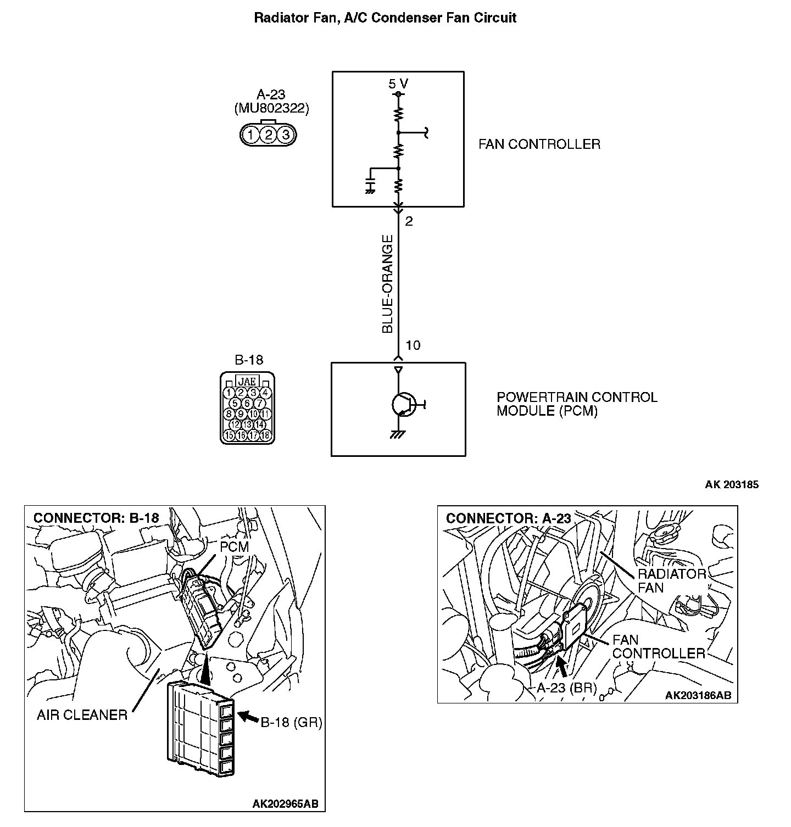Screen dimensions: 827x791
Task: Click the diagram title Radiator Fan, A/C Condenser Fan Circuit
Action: point(385,18)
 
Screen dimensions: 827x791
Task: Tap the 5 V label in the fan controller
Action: point(398,84)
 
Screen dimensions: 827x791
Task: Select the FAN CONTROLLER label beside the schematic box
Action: point(539,144)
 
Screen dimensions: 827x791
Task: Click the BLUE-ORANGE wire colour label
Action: point(388,284)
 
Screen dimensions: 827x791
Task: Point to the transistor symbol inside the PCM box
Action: point(403,405)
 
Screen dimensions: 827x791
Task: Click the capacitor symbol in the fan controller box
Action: point(370,183)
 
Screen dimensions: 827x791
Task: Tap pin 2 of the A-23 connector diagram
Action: point(268,135)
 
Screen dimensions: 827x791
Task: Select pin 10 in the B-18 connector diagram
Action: point(253,414)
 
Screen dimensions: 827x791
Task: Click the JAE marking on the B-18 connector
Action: point(247,381)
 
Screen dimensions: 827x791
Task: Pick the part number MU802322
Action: point(271,108)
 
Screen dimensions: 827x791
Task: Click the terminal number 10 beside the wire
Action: point(413,345)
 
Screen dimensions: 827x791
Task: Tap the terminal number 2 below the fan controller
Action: point(409,221)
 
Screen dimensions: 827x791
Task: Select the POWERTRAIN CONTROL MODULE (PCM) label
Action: point(576,404)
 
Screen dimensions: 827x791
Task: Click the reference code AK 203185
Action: point(732,485)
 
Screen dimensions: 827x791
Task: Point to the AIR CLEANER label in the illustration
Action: point(82,715)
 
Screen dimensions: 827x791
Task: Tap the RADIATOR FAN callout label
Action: point(671,580)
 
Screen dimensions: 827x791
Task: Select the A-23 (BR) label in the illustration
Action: point(566,688)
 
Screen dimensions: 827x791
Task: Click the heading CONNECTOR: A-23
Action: point(508,518)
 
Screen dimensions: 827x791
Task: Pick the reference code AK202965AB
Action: point(285,804)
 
